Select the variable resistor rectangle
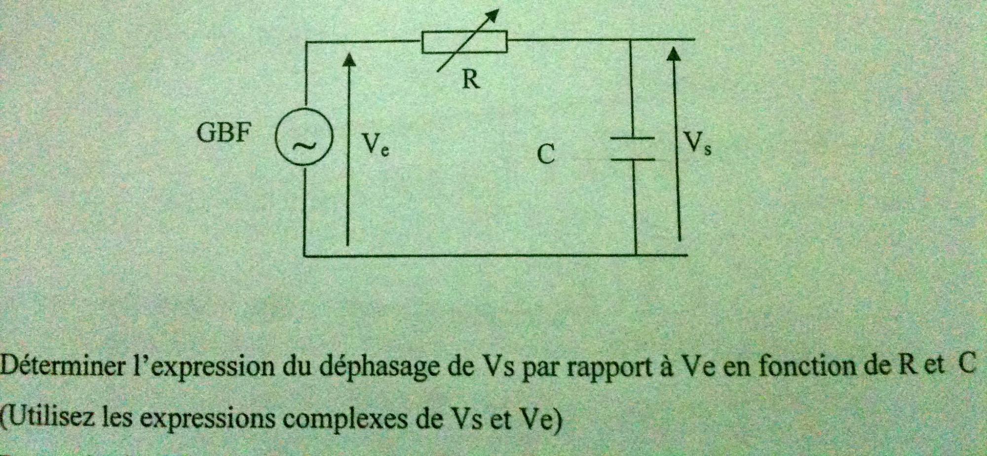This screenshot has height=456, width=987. point(464,41)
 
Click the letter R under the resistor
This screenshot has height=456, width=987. point(470,79)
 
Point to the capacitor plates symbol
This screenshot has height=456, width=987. point(633,149)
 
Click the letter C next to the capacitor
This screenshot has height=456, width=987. point(546,154)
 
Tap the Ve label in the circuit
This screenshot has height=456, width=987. point(375,144)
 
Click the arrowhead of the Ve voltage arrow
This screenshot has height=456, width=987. point(349,59)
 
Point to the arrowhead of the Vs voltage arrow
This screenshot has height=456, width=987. point(674,53)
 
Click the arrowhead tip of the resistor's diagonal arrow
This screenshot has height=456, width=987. point(495,12)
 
